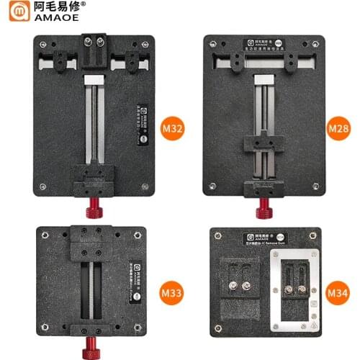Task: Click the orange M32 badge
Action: (173, 130)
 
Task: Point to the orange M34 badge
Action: (338, 294)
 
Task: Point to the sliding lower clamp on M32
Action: (94, 176)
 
